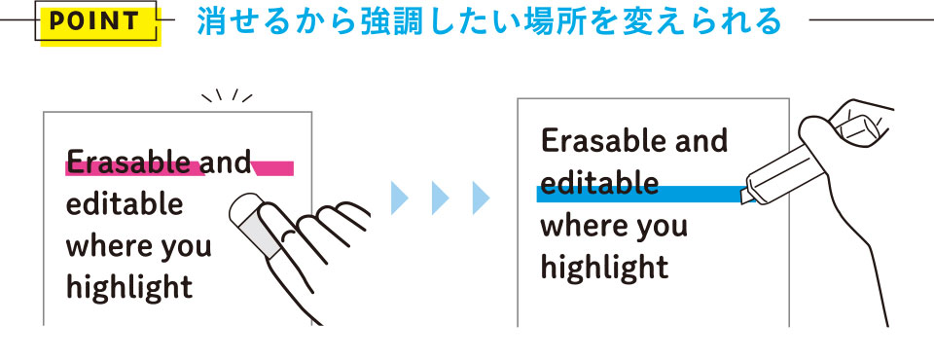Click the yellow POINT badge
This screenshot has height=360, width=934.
(96, 22)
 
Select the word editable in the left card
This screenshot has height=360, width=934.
(124, 205)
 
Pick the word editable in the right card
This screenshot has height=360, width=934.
(598, 184)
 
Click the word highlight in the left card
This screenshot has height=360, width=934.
(128, 287)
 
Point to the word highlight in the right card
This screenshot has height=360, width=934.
(603, 267)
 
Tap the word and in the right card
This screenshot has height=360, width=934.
(695, 142)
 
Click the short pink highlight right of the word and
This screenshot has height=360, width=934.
(273, 168)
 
